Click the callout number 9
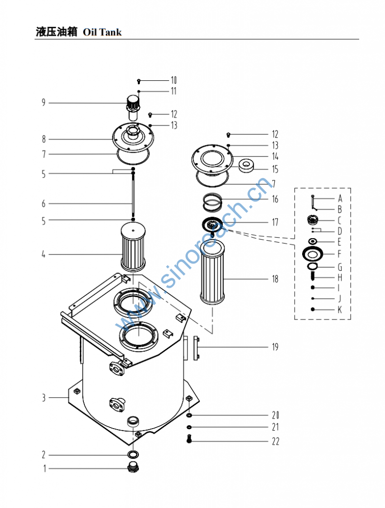point(44,103)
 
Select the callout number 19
point(274,347)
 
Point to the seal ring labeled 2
point(133,454)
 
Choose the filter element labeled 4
point(133,247)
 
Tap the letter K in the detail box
point(340,310)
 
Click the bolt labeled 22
point(189,439)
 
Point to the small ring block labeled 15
point(246,165)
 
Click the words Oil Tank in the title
point(102,32)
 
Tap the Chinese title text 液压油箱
point(57,32)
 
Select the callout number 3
point(44,398)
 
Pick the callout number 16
point(275,199)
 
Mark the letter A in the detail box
point(340,198)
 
